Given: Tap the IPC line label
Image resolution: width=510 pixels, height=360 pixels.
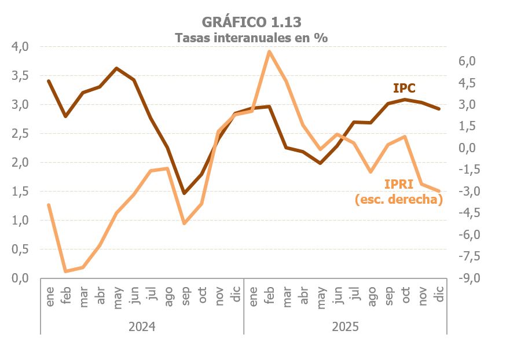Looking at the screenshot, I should coord(405,88).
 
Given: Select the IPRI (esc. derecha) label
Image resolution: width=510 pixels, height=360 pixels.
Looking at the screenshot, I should coord(398,192).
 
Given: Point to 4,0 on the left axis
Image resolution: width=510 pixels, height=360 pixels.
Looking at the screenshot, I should coord(20,47).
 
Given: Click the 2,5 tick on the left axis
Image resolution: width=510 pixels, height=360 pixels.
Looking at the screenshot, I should coord(20,134).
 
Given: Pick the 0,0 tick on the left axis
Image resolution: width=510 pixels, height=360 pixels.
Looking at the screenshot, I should coord(20,278).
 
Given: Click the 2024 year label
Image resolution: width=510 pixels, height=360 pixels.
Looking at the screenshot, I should coord(142,327).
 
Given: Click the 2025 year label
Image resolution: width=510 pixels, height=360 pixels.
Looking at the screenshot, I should coord(346,327).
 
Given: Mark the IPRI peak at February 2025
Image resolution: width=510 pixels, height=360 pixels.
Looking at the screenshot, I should coord(269,52).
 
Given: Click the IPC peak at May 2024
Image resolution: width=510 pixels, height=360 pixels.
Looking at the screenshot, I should coord(116,68).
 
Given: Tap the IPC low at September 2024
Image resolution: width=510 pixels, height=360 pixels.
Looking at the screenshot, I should coord(184,193).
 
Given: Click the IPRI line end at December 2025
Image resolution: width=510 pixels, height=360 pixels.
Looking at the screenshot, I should coord(439,191).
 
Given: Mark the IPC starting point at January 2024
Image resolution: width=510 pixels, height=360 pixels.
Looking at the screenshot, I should coord(49,81).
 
